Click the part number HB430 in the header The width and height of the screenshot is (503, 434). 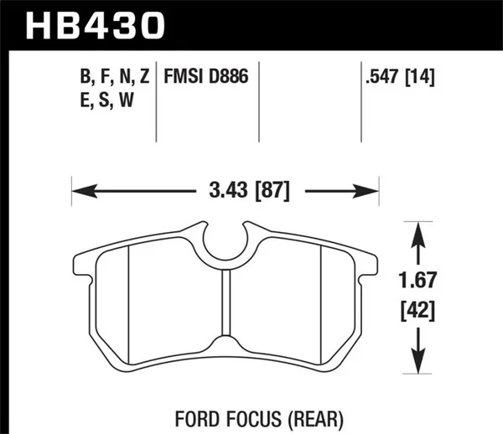point(92,25)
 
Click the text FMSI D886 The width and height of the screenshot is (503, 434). point(208,79)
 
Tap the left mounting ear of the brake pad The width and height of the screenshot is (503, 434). point(84,264)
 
